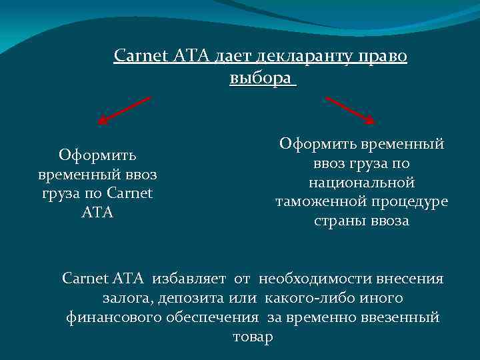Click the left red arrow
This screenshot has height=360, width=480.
click(124, 110)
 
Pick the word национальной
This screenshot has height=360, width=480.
click(362, 182)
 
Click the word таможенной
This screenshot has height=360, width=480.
click(323, 201)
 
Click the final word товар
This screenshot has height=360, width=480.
click(253, 337)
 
